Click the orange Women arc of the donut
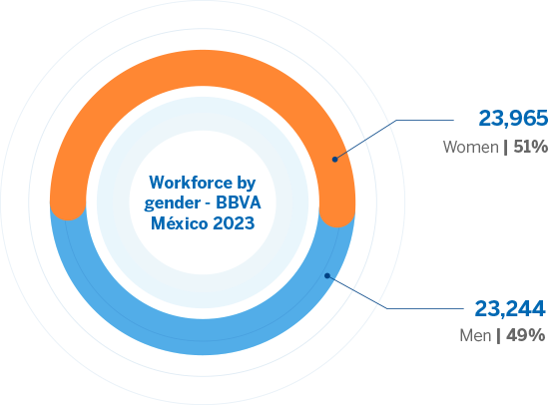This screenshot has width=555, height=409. coord(203,68)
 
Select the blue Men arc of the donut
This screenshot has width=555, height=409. coord(203,337)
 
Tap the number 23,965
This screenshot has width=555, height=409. coord(513,119)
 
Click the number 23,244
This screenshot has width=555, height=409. coord(510,308)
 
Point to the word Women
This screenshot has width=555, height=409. coord(471,147)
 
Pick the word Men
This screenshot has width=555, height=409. coord(475,335)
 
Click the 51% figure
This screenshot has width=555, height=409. coord(531,147)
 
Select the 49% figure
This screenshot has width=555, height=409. coord(526,335)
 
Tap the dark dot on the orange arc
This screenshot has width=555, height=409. coord(334,160)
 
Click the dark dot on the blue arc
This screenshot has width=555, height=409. coord(327,275)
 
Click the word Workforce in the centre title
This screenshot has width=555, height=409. coord(191,183)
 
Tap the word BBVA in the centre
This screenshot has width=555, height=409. coord(239,203)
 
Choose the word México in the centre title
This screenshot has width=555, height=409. coord(180,223)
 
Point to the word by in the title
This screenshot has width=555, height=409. coord(247,184)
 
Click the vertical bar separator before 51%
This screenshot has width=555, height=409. coord(506,148)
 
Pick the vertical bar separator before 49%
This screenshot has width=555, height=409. coord(499,336)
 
